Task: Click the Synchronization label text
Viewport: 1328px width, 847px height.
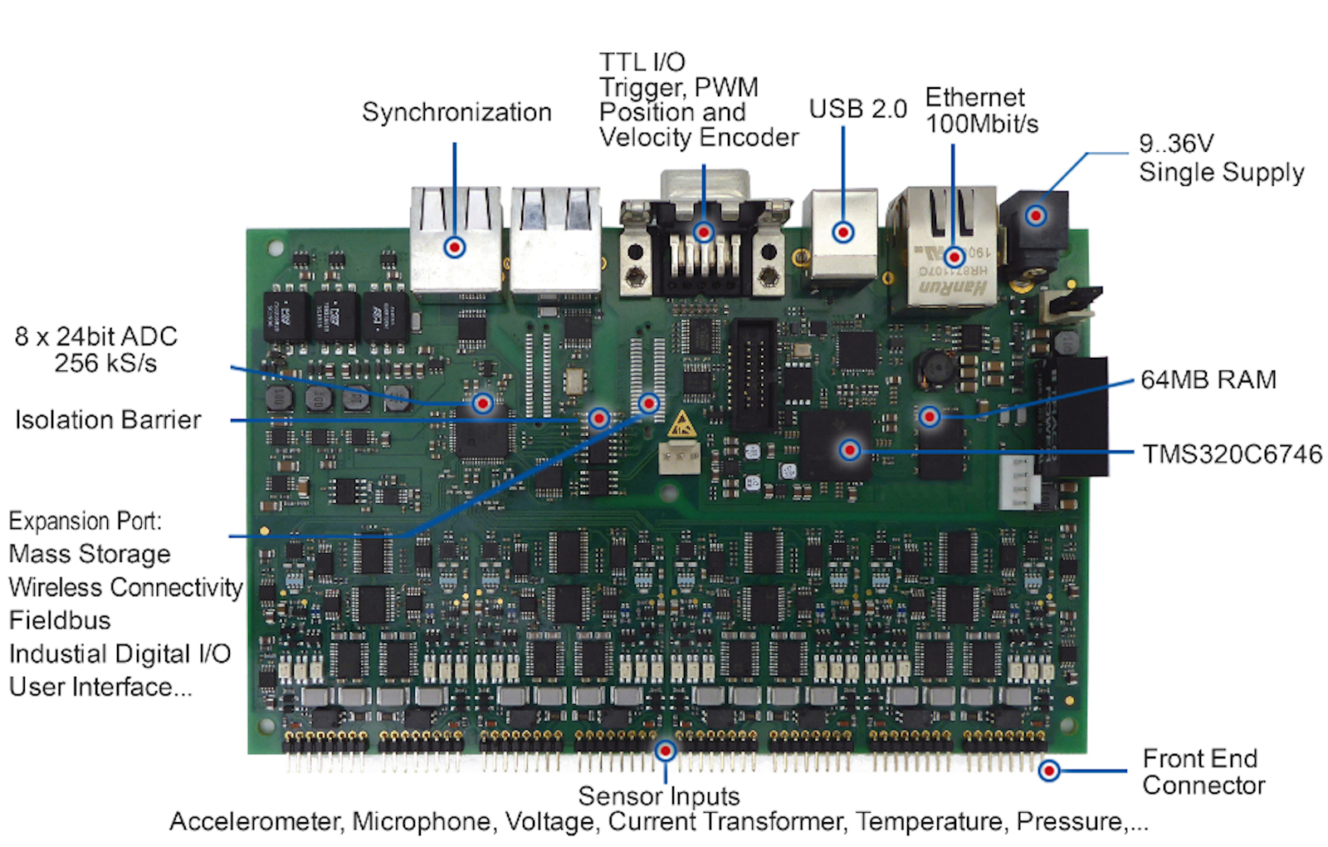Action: pos(456,112)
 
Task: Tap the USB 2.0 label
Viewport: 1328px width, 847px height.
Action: pos(858,109)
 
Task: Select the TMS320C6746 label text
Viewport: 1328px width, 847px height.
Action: pos(1232,453)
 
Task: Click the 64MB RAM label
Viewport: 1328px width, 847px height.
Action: pos(1208,379)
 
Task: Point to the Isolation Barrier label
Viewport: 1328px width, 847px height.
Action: pos(108,420)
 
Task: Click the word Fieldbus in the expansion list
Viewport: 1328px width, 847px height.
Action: pos(60,620)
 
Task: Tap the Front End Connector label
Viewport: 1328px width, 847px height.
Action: pos(1203,771)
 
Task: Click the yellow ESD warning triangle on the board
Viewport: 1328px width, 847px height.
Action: pos(681,424)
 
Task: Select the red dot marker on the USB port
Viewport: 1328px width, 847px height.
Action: pos(842,232)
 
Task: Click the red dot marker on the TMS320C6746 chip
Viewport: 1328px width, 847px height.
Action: pos(850,450)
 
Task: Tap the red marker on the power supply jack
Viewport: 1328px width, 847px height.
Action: pos(1036,215)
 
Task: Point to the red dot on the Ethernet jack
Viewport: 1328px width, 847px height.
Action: pos(954,257)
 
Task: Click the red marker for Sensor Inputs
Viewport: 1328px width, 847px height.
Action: pos(665,752)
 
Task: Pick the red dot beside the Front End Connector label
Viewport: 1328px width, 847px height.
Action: pos(1049,771)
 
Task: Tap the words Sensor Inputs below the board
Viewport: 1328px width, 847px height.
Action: pos(659,796)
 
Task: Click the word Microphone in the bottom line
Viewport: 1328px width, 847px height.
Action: pos(422,821)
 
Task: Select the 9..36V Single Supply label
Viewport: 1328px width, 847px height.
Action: pos(1221,158)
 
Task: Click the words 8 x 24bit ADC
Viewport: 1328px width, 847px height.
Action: pos(96,336)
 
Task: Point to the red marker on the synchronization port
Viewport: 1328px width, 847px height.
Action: pos(455,247)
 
